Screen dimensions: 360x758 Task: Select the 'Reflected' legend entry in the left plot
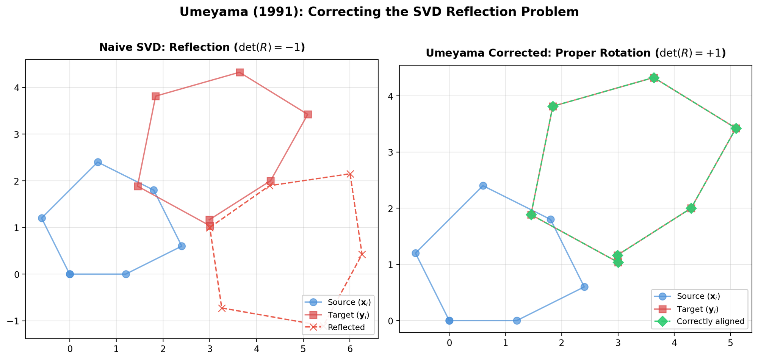346,327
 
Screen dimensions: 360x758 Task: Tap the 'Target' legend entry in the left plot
348,315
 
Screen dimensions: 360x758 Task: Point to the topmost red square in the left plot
240,72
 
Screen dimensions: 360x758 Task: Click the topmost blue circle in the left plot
98,162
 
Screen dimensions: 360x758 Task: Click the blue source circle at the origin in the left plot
70,274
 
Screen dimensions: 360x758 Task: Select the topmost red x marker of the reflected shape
350,174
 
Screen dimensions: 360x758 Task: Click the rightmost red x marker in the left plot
362,254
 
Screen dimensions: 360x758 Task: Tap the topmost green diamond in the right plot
654,78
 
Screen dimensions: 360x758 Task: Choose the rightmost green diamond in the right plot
736,128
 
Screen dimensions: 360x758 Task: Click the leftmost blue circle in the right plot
415,253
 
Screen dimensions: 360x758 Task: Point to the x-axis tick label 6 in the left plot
350,348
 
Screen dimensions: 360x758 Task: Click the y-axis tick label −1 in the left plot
14,321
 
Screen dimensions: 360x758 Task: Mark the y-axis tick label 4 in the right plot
391,96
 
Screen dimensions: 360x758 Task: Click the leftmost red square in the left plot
138,186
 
